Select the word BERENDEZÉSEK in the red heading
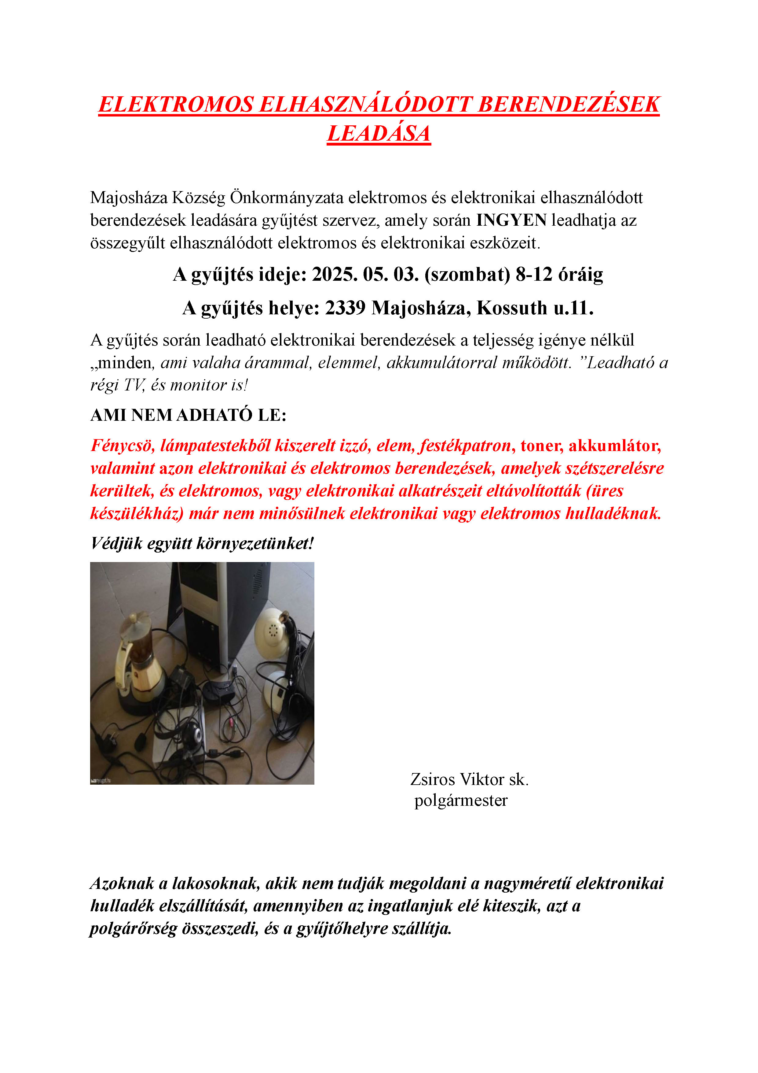(x=569, y=104)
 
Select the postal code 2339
(x=345, y=308)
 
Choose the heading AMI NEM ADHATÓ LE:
(x=188, y=415)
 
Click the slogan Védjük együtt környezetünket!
(x=202, y=543)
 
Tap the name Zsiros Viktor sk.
(x=469, y=779)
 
